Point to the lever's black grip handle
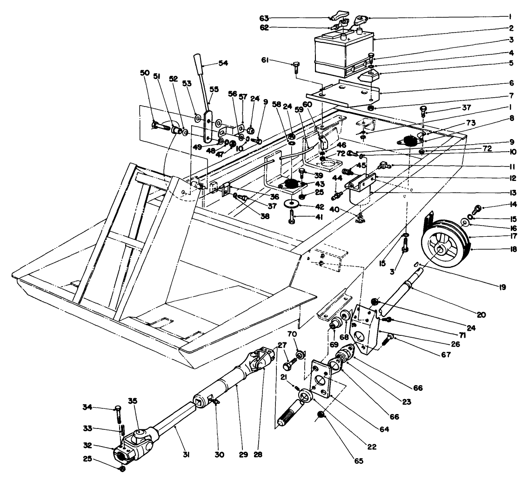click(198, 63)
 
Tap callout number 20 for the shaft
click(481, 315)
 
